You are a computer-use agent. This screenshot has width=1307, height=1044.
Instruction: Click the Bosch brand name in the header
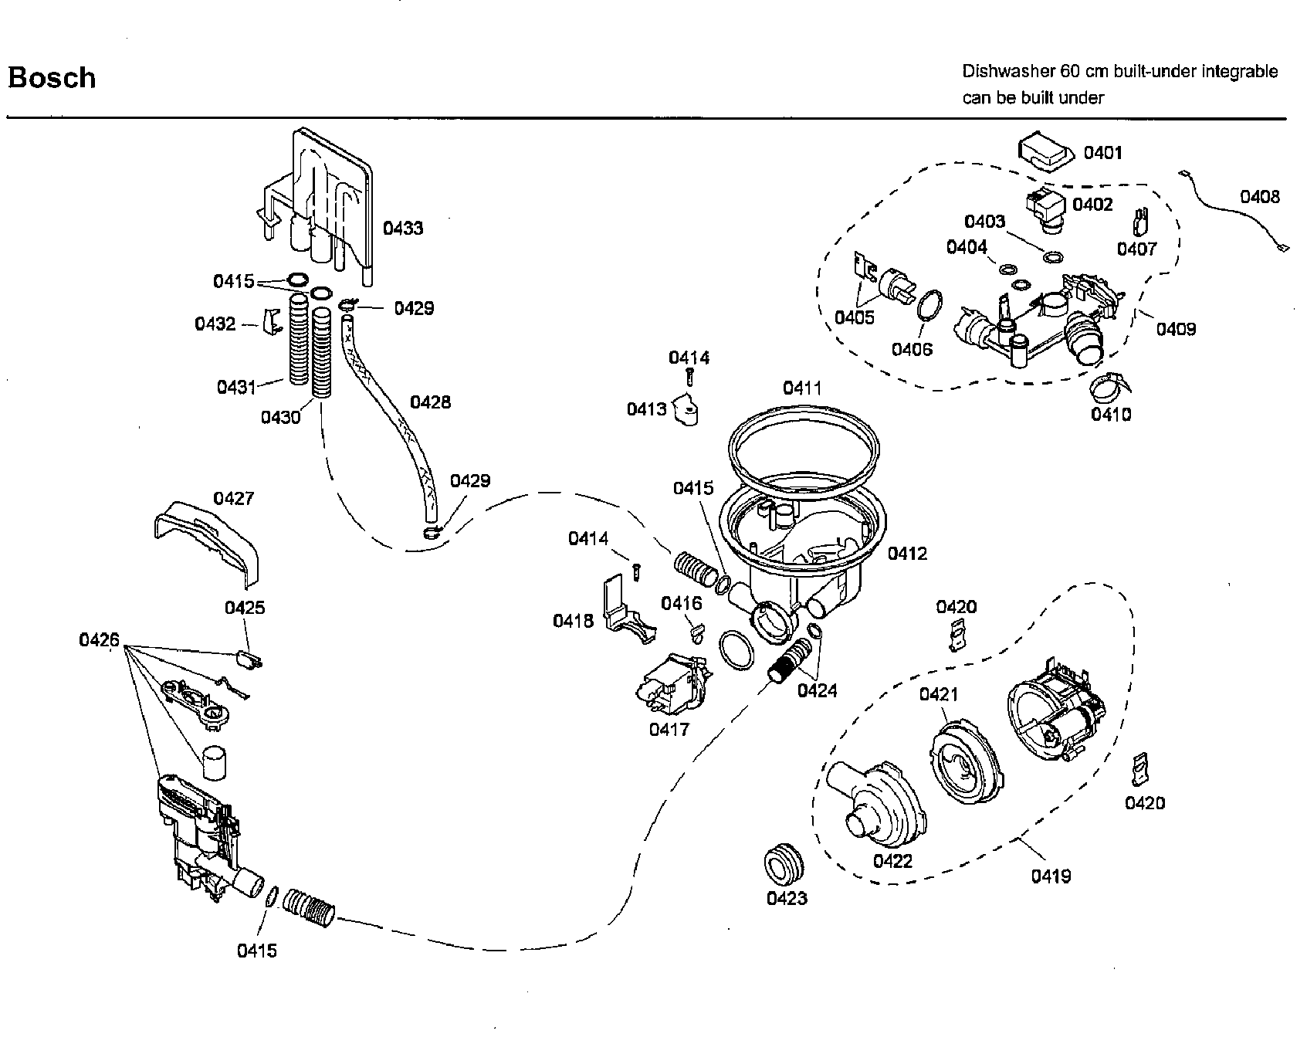[x=52, y=78]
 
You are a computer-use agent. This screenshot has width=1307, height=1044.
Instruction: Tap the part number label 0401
[x=1102, y=153]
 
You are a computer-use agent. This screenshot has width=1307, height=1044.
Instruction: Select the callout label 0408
[x=1260, y=197]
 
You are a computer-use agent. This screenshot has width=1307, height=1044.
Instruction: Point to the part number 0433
[x=403, y=228]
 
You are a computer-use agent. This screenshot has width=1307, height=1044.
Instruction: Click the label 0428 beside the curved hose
[x=430, y=402]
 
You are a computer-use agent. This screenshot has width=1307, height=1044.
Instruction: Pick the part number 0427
[x=233, y=498]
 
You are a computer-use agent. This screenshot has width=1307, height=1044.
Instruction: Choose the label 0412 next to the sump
[x=907, y=553]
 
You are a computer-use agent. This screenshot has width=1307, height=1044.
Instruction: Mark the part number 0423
[x=786, y=898]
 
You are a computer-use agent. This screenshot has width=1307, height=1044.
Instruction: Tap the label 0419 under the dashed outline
[x=1051, y=876]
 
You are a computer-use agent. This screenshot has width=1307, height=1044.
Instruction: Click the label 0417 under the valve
[x=669, y=729]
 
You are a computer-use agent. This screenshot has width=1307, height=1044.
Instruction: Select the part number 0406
[x=912, y=349]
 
